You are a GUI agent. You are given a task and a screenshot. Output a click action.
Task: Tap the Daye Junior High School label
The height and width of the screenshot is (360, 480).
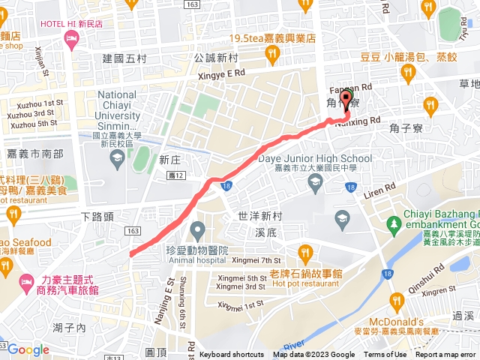[x=314, y=158]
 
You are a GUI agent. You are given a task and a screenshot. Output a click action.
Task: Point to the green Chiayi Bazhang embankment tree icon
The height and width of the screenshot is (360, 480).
[x=394, y=223]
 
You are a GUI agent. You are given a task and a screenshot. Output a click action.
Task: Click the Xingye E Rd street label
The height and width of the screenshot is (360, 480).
[x=219, y=73]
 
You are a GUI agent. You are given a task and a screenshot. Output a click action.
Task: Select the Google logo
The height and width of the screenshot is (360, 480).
[x=28, y=349]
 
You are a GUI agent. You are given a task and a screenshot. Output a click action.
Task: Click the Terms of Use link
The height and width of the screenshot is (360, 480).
[x=385, y=355]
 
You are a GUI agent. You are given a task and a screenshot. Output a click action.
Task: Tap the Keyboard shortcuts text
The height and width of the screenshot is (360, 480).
[x=232, y=355]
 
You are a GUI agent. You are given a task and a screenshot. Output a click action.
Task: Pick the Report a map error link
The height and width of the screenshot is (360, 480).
[x=445, y=355]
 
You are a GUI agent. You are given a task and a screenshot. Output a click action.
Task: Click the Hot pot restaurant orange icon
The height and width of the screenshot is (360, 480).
[x=304, y=251]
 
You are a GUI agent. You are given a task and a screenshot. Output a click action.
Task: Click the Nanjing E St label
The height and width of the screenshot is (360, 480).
[x=167, y=278]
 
